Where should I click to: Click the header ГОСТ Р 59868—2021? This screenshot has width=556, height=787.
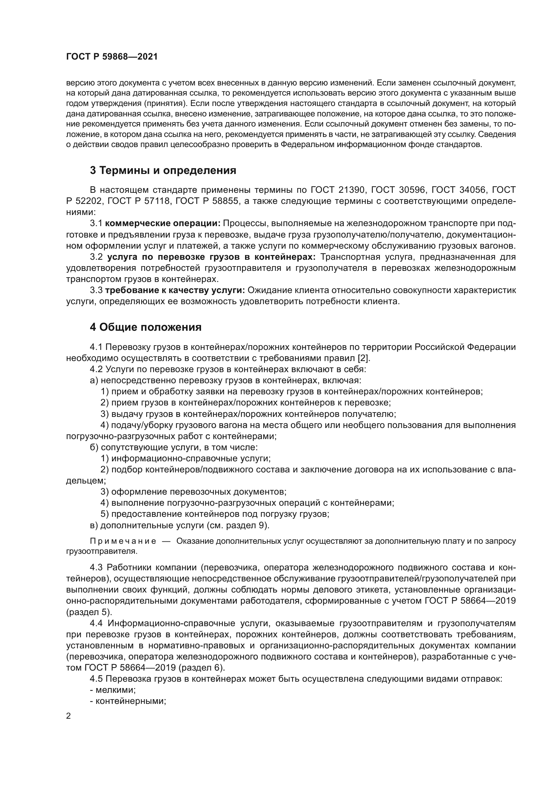click(x=112, y=57)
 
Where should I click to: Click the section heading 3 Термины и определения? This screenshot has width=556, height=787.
click(x=163, y=170)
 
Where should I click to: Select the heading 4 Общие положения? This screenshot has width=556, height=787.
click(x=146, y=327)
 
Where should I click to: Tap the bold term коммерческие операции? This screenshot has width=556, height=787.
click(x=163, y=223)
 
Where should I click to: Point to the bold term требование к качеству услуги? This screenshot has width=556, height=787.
click(x=174, y=290)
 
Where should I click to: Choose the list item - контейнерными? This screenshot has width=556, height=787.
click(x=128, y=701)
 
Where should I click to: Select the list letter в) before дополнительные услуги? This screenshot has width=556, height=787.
click(x=94, y=525)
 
